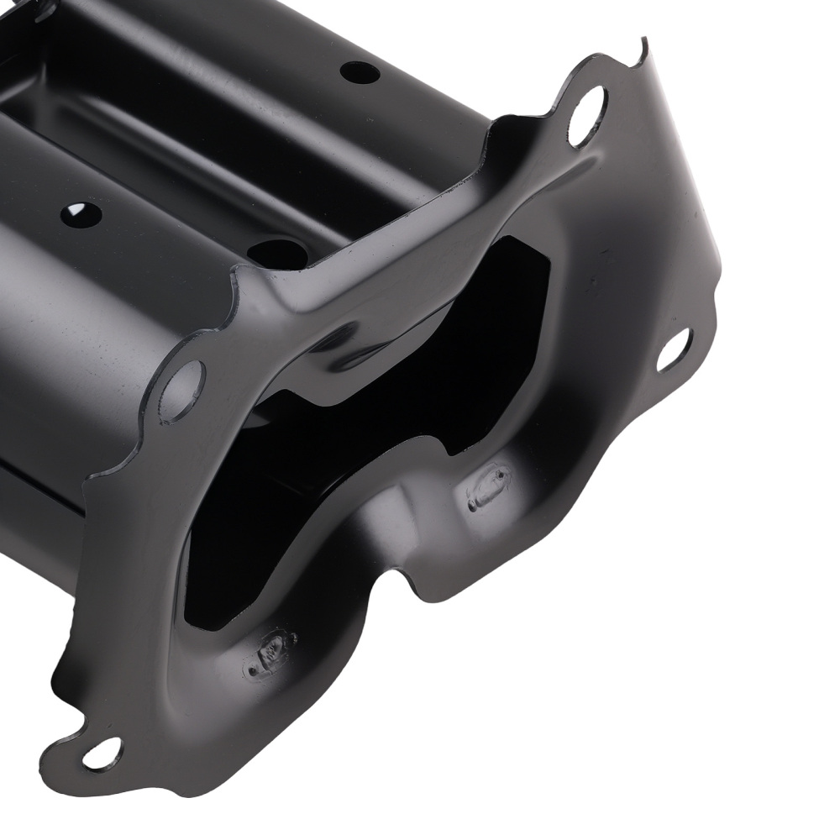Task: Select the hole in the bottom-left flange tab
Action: click(102, 753)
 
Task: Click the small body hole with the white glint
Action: click(81, 214)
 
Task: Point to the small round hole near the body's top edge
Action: click(360, 72)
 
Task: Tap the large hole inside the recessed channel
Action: click(277, 253)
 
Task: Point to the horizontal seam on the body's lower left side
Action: click(42, 487)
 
